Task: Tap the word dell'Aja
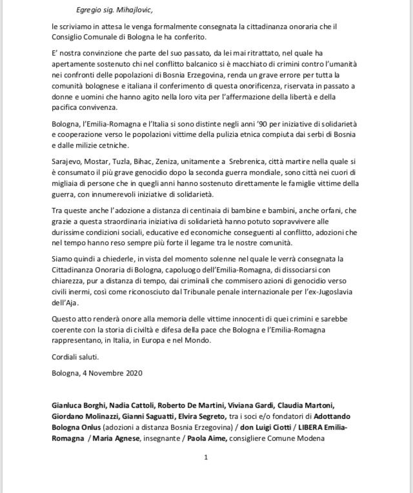coord(68,320)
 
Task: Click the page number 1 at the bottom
coord(205,458)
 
